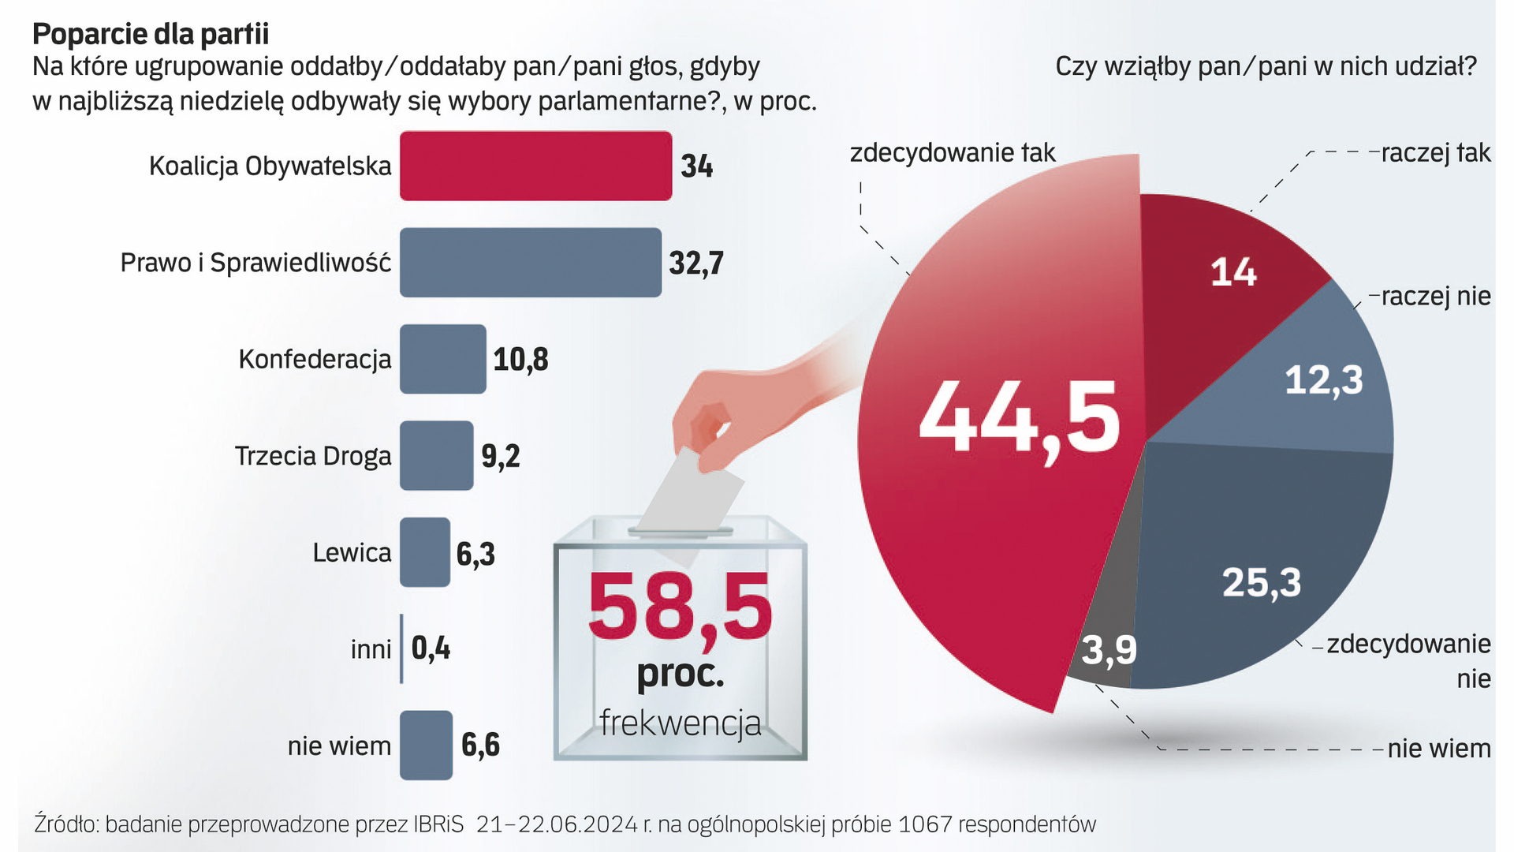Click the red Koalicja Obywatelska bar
click(x=535, y=166)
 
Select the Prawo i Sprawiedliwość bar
click(x=530, y=263)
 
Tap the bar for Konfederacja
click(x=442, y=359)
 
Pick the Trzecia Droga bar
click(x=436, y=456)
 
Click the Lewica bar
click(x=424, y=552)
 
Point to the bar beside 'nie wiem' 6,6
click(x=426, y=745)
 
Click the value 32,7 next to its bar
click(x=695, y=263)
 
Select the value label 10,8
click(x=520, y=360)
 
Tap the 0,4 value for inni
click(x=431, y=648)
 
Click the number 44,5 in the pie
click(x=1019, y=418)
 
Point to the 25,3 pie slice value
click(x=1261, y=583)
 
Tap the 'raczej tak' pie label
click(x=1435, y=152)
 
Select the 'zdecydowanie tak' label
click(x=952, y=152)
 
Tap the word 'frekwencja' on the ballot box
click(x=680, y=723)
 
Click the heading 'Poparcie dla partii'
click(x=151, y=34)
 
